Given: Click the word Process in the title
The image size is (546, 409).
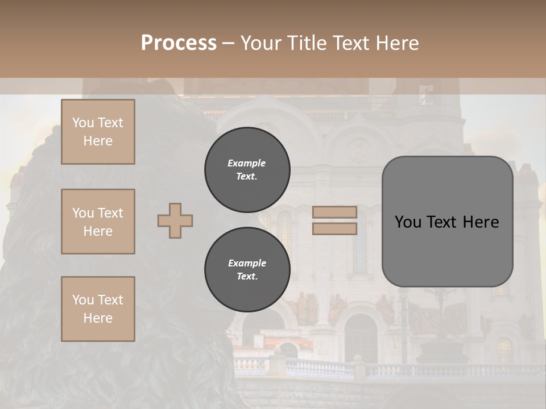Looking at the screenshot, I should click(179, 43).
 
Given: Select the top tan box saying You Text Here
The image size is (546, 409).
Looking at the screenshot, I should click(98, 132).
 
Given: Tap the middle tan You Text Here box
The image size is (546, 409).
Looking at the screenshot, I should click(98, 222).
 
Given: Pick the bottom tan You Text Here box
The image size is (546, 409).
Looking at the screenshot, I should click(98, 309).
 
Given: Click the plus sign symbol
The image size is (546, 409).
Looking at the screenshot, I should click(175, 220).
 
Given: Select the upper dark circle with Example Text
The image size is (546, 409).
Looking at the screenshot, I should click(247, 170).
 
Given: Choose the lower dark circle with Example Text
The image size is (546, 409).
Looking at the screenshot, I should click(247, 270).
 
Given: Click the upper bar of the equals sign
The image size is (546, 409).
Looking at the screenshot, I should click(334, 212).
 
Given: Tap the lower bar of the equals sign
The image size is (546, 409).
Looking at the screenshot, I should click(334, 228).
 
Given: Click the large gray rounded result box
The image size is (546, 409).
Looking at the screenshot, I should click(447, 250).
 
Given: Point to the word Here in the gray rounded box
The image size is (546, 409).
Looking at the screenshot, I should click(481, 222).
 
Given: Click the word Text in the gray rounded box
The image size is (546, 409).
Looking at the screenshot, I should click(442, 222).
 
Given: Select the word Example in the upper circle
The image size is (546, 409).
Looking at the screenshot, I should click(246, 163).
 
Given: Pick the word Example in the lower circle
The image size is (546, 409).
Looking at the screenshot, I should click(247, 263).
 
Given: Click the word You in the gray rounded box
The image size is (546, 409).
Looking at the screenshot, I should click(408, 222).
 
